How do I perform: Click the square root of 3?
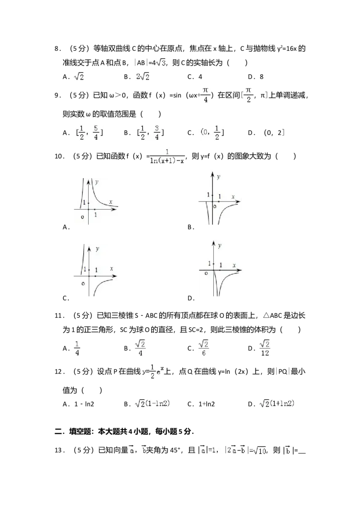coord(160,63)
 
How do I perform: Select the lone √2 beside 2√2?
coord(79,77)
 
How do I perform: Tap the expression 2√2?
coord(142,77)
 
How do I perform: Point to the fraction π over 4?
coord(205,95)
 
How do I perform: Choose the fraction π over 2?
coord(248,95)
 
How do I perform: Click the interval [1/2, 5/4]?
coord(88,133)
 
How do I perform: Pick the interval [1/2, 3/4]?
coord(150,133)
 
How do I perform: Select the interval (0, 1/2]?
coord(212,133)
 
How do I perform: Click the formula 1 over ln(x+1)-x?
coord(167,156)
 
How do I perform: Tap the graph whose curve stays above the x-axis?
coord(95,201)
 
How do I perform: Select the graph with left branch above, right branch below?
coord(95,269)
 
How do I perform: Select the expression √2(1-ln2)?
coord(153,404)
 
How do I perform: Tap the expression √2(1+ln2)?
coord(279,404)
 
